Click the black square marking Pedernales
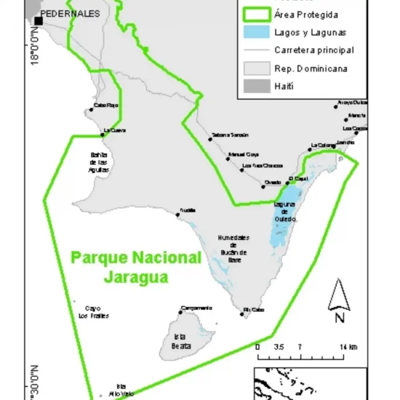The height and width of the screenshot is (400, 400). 38,20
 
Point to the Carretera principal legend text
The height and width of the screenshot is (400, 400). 314,50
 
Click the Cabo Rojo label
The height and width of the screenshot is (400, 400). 106,105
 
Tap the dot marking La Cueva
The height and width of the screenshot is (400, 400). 103,134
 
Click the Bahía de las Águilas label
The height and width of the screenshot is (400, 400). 99,161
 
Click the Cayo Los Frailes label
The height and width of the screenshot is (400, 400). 92,311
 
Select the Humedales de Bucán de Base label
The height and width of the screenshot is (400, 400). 234,248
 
